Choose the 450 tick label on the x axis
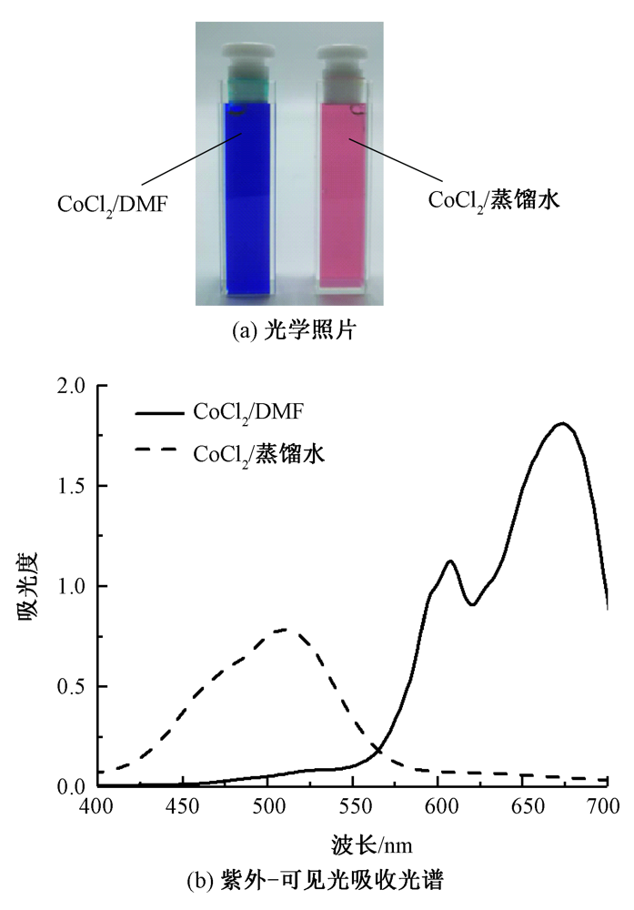184,805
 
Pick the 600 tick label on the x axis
438,805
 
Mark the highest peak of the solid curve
563,423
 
